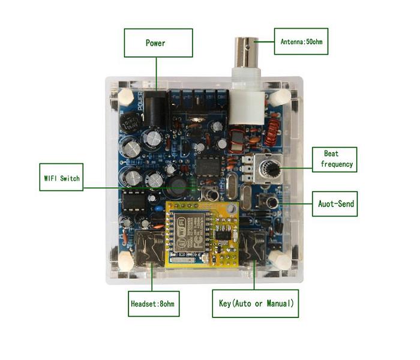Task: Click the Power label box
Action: (x=158, y=43)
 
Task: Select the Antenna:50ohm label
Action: (x=301, y=41)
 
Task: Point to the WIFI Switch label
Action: (x=61, y=178)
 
